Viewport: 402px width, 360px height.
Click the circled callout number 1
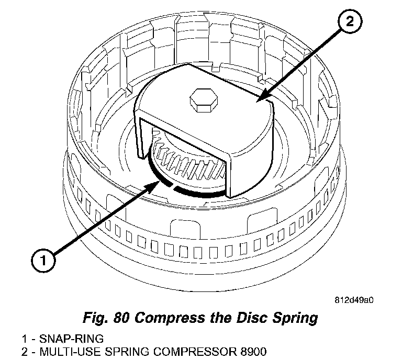click(43, 260)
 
